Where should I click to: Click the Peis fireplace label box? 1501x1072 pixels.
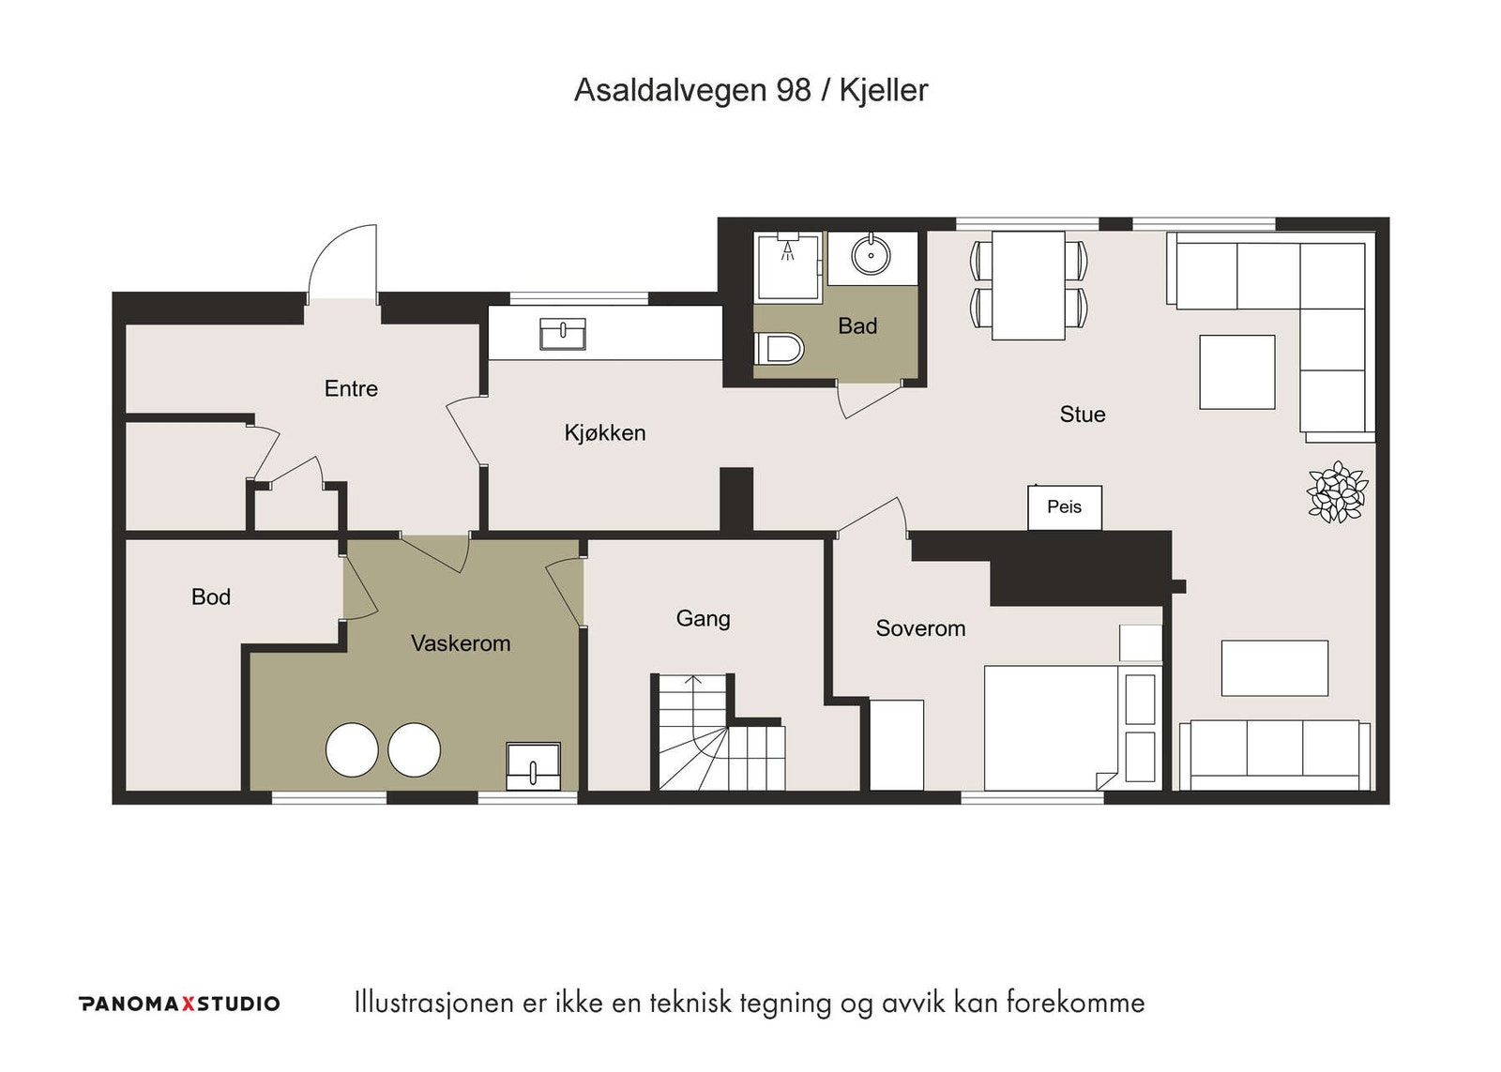[1065, 507]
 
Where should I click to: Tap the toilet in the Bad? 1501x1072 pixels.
[779, 348]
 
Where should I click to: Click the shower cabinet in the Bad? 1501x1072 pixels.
[788, 266]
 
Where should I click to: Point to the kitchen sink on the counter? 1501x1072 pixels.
[563, 334]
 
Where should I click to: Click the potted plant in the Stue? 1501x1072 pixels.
[1338, 491]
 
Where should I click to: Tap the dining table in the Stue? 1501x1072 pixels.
[1028, 285]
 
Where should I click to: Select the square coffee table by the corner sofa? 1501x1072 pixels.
[1237, 371]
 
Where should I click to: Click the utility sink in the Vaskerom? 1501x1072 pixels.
[534, 766]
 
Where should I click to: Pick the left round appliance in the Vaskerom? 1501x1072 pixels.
[352, 749]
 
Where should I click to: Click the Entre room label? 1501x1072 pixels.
[351, 388]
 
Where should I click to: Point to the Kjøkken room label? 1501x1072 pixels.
[605, 432]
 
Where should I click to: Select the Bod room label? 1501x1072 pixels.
[211, 597]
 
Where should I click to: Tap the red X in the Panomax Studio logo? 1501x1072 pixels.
[189, 1004]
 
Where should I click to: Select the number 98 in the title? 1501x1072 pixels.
[794, 90]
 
